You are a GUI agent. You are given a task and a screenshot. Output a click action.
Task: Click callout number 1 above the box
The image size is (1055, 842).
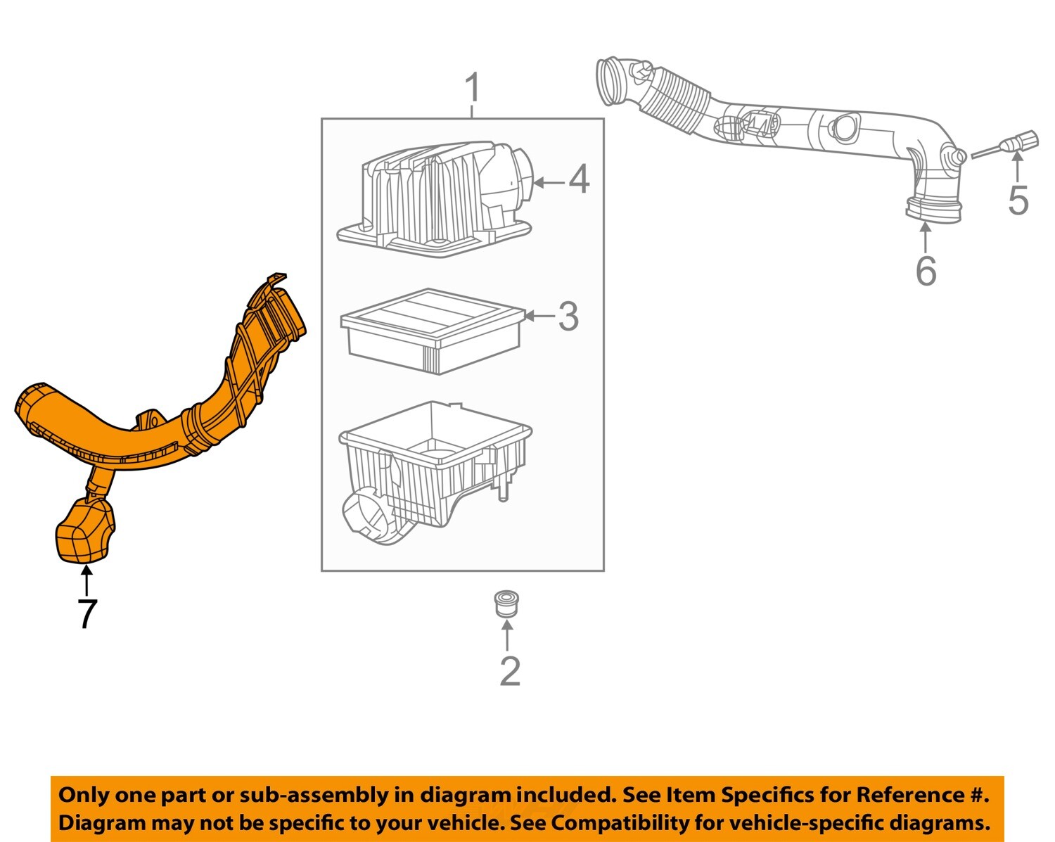pos(473,89)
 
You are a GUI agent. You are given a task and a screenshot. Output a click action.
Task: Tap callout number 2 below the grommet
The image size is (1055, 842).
pos(509,671)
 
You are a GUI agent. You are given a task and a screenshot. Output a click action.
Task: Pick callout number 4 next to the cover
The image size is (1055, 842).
pos(579,179)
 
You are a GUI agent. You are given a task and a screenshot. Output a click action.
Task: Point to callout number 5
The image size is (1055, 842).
pos(1018,200)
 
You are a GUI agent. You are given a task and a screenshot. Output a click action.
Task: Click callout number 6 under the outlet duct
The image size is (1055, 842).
pos(926,271)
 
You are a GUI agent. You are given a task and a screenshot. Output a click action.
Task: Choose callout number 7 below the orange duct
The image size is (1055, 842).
pos(86,613)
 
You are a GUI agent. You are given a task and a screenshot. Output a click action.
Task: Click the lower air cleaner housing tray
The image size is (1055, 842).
pos(436,468)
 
